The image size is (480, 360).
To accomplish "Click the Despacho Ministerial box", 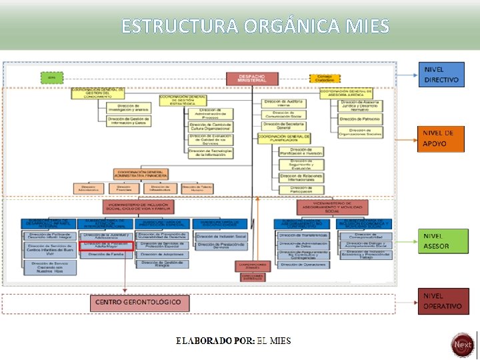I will pyautogui.click(x=251, y=79).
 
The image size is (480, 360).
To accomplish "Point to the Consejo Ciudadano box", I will pyautogui.click(x=325, y=78).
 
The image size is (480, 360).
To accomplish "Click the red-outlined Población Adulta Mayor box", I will pyautogui.click(x=107, y=245).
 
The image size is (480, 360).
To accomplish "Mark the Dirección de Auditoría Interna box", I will pyautogui.click(x=284, y=103).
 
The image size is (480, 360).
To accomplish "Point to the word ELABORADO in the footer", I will pyautogui.click(x=204, y=341).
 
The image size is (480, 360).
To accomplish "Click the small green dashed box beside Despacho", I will pyautogui.click(x=51, y=78).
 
